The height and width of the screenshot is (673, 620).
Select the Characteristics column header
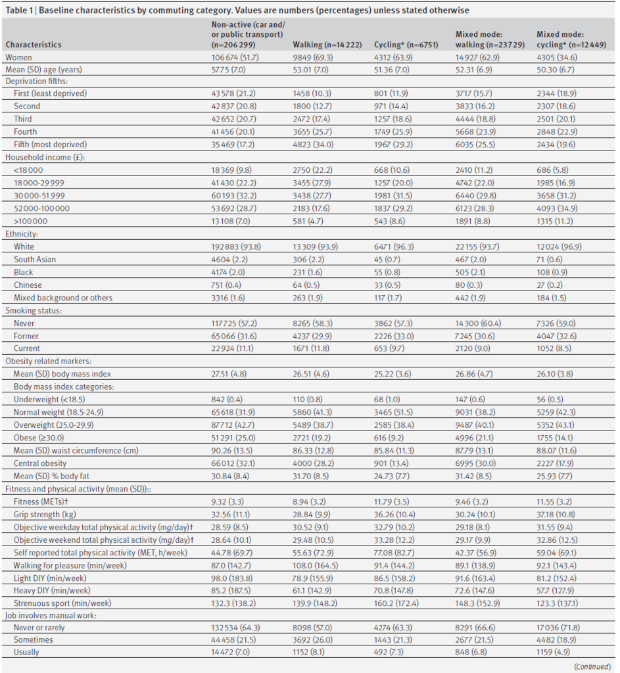pyautogui.click(x=34, y=45)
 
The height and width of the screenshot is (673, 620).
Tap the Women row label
pyautogui.click(x=19, y=57)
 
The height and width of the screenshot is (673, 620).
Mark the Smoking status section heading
pyautogui.click(x=32, y=310)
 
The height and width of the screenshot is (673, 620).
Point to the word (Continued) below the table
pyautogui.click(x=592, y=666)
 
